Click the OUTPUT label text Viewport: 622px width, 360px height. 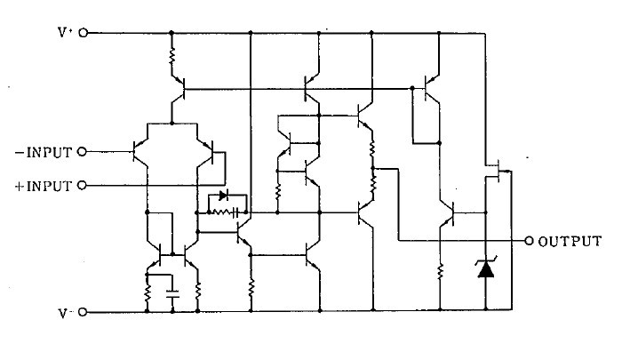point(570,241)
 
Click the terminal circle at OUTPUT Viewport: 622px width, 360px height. point(530,241)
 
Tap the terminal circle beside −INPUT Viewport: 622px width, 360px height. point(83,151)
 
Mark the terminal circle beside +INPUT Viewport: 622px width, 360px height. point(83,186)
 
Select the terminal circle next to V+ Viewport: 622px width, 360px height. point(83,33)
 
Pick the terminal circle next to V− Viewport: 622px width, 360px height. point(83,313)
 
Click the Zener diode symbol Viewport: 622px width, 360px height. point(485,267)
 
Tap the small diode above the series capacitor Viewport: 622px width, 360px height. point(223,196)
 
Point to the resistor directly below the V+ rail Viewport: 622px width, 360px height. point(171,60)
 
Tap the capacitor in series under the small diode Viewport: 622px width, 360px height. point(236,213)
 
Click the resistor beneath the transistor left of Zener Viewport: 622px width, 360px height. point(442,269)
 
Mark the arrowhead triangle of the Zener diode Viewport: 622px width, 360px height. point(485,270)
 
